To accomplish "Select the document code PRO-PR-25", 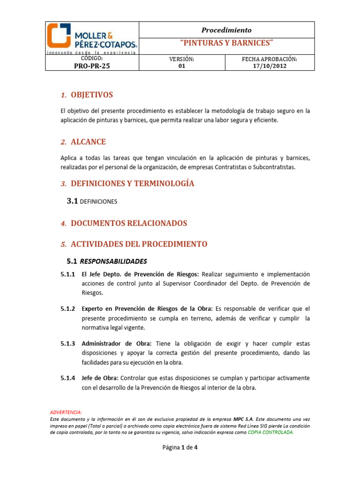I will tap(92, 66).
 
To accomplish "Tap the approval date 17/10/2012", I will tap(269, 66).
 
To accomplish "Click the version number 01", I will tap(182, 66).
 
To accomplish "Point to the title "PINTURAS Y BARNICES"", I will tap(226, 43).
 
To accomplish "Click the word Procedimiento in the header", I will tap(226, 30).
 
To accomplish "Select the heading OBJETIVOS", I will tap(91, 95).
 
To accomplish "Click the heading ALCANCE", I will tap(88, 142).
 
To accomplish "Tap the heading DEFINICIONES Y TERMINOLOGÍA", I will tap(132, 183).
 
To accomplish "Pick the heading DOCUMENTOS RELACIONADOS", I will tap(129, 223).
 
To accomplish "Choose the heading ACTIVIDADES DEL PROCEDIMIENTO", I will tap(139, 244).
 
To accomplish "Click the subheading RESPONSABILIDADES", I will tap(113, 261).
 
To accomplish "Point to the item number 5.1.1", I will tap(68, 274).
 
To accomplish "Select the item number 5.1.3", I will tap(68, 344).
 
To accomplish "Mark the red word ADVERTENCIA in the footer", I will tap(66, 412).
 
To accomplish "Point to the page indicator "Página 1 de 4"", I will tap(180, 447).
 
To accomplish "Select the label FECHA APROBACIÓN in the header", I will tap(269, 59).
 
